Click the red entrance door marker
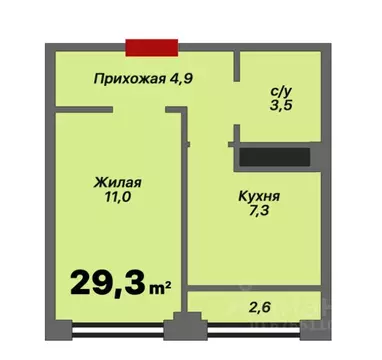152,46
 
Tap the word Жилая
117,184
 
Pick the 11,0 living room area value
117,200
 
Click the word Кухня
257,196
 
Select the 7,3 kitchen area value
257,213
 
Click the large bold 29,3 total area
106,282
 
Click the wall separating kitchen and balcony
255,288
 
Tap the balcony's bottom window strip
260,326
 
